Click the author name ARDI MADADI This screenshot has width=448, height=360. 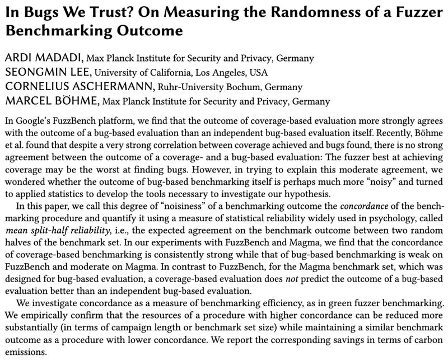[42, 58]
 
